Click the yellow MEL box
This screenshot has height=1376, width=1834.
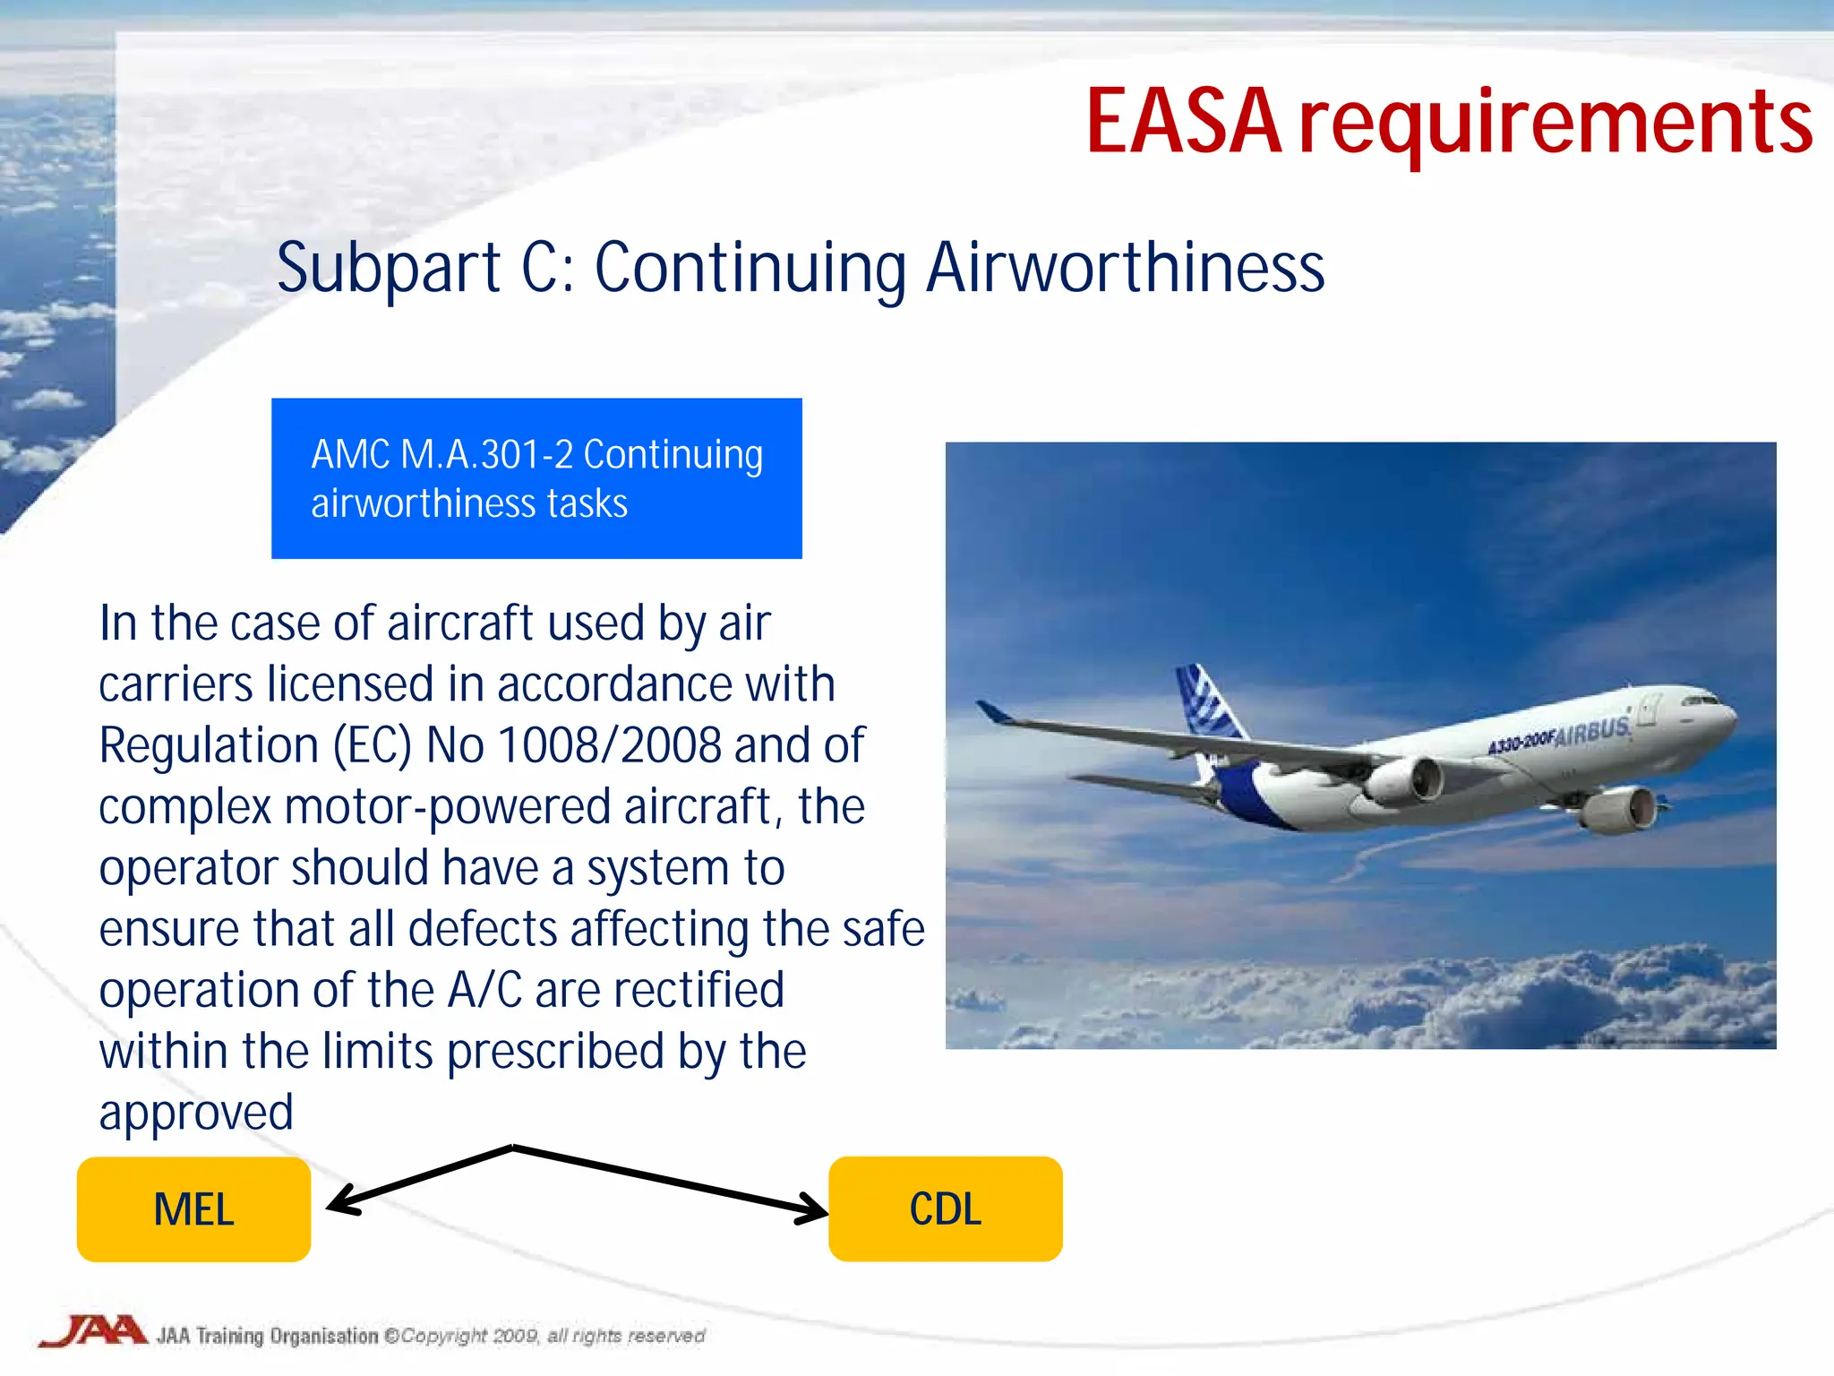point(193,1209)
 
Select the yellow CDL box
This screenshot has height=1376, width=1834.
point(945,1209)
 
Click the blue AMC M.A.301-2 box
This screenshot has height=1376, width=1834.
point(536,478)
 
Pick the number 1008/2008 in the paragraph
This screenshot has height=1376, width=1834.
point(609,745)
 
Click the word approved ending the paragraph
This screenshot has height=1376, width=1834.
point(196,1113)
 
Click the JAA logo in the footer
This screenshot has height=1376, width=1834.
point(91,1331)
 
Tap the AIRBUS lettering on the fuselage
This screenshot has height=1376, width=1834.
point(1592,733)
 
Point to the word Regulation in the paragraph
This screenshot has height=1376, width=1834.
point(209,745)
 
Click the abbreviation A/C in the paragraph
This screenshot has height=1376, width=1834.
point(484,991)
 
